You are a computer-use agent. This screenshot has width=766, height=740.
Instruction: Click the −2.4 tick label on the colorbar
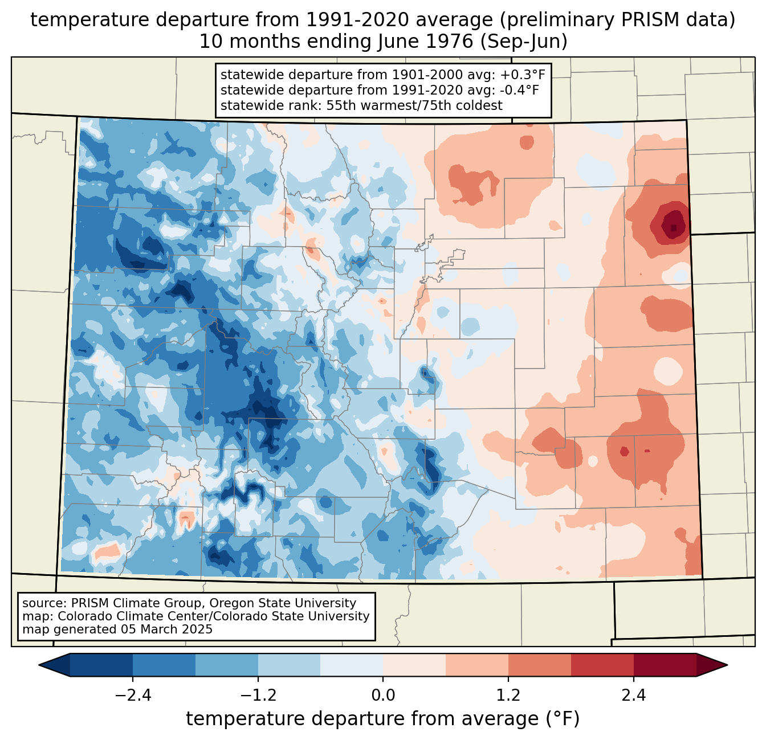[132, 696]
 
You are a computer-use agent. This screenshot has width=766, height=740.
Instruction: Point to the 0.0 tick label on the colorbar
[383, 696]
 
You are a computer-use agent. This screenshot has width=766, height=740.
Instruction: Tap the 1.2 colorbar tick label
[508, 696]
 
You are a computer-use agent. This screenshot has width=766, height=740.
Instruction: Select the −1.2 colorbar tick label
[258, 696]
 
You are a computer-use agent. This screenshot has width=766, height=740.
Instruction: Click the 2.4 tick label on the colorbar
[633, 696]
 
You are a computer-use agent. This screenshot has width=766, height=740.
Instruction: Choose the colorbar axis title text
[383, 719]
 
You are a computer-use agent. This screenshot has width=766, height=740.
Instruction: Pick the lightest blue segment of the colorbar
[352, 665]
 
